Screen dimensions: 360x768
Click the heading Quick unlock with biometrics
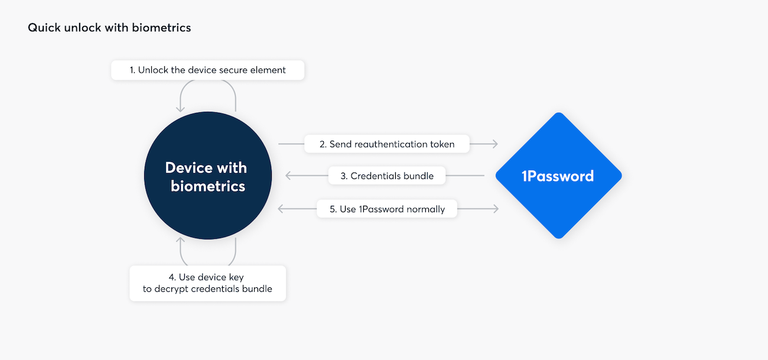pyautogui.click(x=109, y=28)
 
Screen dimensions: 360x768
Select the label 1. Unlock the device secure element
pyautogui.click(x=207, y=70)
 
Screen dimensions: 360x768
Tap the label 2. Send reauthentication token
pyautogui.click(x=387, y=144)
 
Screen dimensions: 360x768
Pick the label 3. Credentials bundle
pyautogui.click(x=387, y=176)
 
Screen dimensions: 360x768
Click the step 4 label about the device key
pyautogui.click(x=207, y=283)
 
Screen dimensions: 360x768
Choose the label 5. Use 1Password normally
pyautogui.click(x=387, y=209)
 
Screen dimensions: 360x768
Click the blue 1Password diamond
pyautogui.click(x=558, y=176)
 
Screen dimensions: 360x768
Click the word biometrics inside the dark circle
pyautogui.click(x=208, y=186)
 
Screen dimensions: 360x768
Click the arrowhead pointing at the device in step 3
pyautogui.click(x=288, y=176)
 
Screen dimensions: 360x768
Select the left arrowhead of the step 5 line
pyautogui.click(x=281, y=209)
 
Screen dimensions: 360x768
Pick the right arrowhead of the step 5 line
pyautogui.click(x=496, y=209)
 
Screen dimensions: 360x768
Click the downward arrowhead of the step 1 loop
pyautogui.click(x=181, y=109)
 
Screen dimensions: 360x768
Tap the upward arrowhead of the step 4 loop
pyautogui.click(x=181, y=242)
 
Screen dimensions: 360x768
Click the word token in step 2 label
pyautogui.click(x=442, y=144)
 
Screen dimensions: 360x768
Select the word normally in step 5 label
pyautogui.click(x=425, y=209)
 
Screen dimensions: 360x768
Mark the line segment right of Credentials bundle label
pyautogui.click(x=465, y=176)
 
